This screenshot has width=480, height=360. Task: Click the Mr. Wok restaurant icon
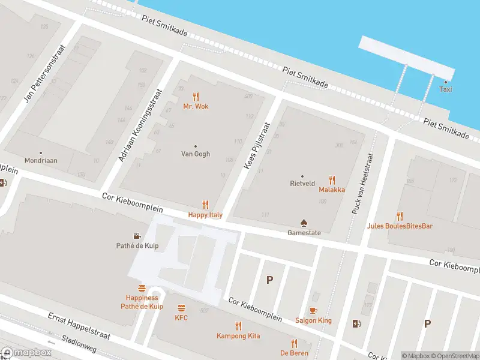196,96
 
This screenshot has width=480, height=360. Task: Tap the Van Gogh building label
196,154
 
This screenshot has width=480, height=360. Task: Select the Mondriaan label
41,161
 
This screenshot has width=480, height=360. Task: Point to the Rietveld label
302,184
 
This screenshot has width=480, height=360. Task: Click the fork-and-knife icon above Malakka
332,179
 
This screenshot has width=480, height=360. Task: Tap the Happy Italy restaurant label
205,214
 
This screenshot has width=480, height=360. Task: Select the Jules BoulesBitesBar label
400,226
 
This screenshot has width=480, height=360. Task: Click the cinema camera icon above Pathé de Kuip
137,235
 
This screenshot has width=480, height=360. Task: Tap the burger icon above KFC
181,307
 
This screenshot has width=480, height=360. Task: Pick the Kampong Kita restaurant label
238,336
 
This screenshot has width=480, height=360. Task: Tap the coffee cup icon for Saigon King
313,310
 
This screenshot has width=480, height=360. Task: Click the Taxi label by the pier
445,89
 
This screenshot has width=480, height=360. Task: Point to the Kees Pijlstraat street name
256,146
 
